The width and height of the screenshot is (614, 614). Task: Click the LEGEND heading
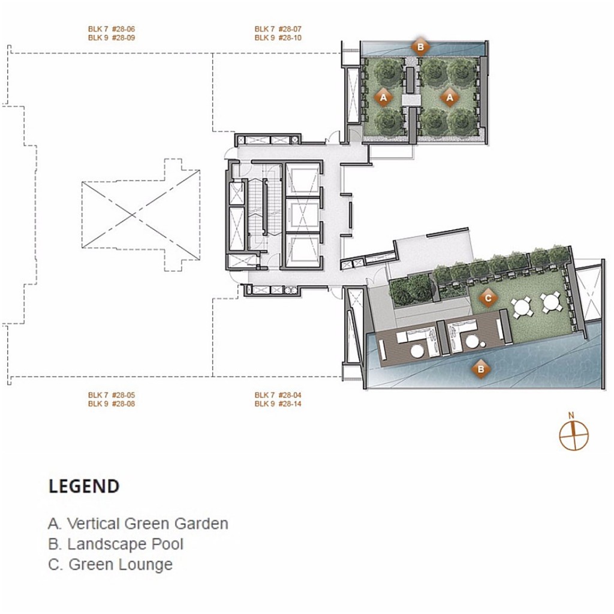pyautogui.click(x=84, y=486)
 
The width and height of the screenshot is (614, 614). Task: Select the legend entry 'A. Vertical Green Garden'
pyautogui.click(x=138, y=523)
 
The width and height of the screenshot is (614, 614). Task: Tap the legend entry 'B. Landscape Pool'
pyautogui.click(x=116, y=544)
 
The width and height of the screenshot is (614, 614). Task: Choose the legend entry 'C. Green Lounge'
pyautogui.click(x=110, y=565)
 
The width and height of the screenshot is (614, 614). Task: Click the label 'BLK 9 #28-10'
pyautogui.click(x=278, y=38)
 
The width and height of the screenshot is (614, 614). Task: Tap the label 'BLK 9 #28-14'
pyautogui.click(x=278, y=404)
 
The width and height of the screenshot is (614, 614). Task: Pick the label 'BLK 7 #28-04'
pyautogui.click(x=278, y=395)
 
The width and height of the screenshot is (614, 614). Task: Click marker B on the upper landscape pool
pyautogui.click(x=420, y=46)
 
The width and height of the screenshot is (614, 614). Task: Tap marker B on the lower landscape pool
pyautogui.click(x=480, y=369)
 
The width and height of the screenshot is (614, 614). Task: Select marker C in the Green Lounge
pyautogui.click(x=488, y=297)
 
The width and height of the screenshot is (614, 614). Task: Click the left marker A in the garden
pyautogui.click(x=384, y=96)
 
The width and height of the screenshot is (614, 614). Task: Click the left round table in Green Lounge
pyautogui.click(x=523, y=305)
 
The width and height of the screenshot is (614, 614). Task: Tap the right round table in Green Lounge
pyautogui.click(x=551, y=303)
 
